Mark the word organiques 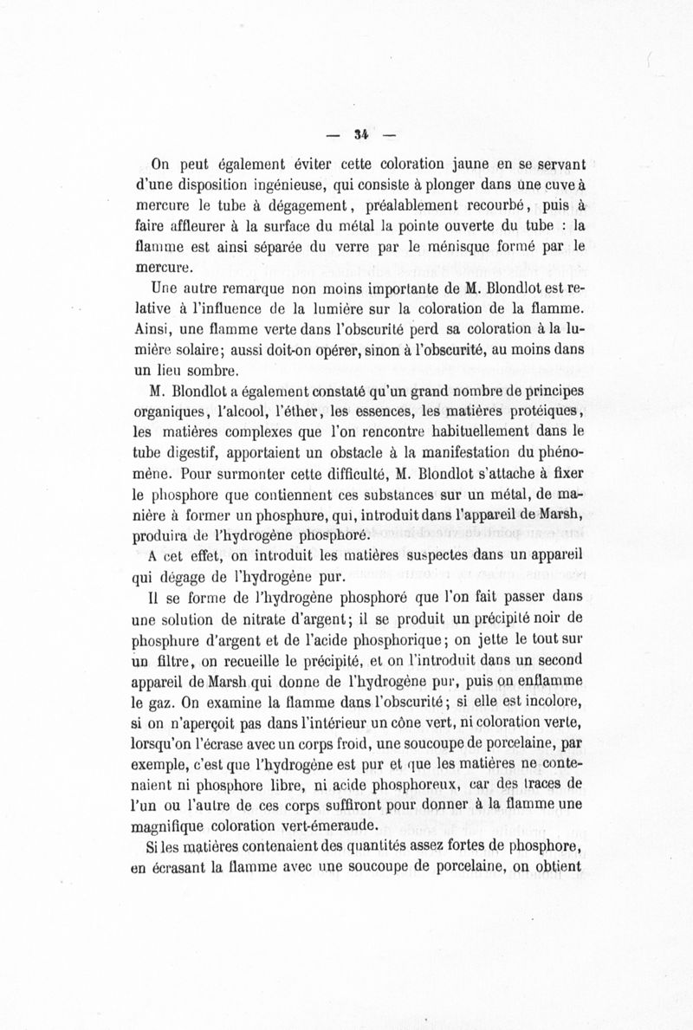click(x=165, y=411)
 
